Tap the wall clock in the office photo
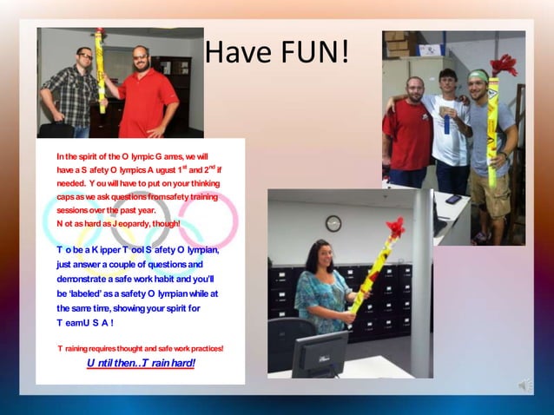333,224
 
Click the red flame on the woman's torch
395,227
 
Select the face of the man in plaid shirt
84,58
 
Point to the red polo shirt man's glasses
141,56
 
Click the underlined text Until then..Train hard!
141,363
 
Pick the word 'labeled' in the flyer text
96,293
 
